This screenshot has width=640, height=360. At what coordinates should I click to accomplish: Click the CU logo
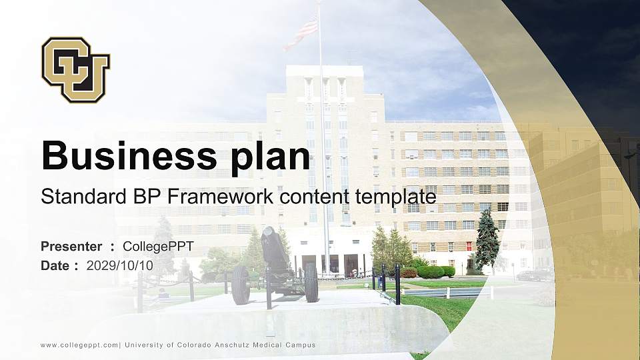point(75,69)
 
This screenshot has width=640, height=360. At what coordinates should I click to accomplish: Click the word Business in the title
point(129,156)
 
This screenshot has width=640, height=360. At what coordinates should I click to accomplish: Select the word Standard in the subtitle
point(83,197)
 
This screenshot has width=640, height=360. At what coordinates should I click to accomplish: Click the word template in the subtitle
point(395,198)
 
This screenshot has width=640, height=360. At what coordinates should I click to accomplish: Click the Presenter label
point(71,247)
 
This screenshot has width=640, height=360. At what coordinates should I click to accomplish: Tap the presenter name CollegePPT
point(158,247)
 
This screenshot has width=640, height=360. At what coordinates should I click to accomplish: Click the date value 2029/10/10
point(119,266)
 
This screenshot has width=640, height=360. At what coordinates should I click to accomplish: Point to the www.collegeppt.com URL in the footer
point(79,345)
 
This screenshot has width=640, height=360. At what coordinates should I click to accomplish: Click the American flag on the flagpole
point(301,33)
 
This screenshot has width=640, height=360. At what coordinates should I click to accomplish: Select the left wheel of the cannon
point(241,285)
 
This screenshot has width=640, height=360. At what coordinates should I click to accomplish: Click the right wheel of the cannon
point(311,283)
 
